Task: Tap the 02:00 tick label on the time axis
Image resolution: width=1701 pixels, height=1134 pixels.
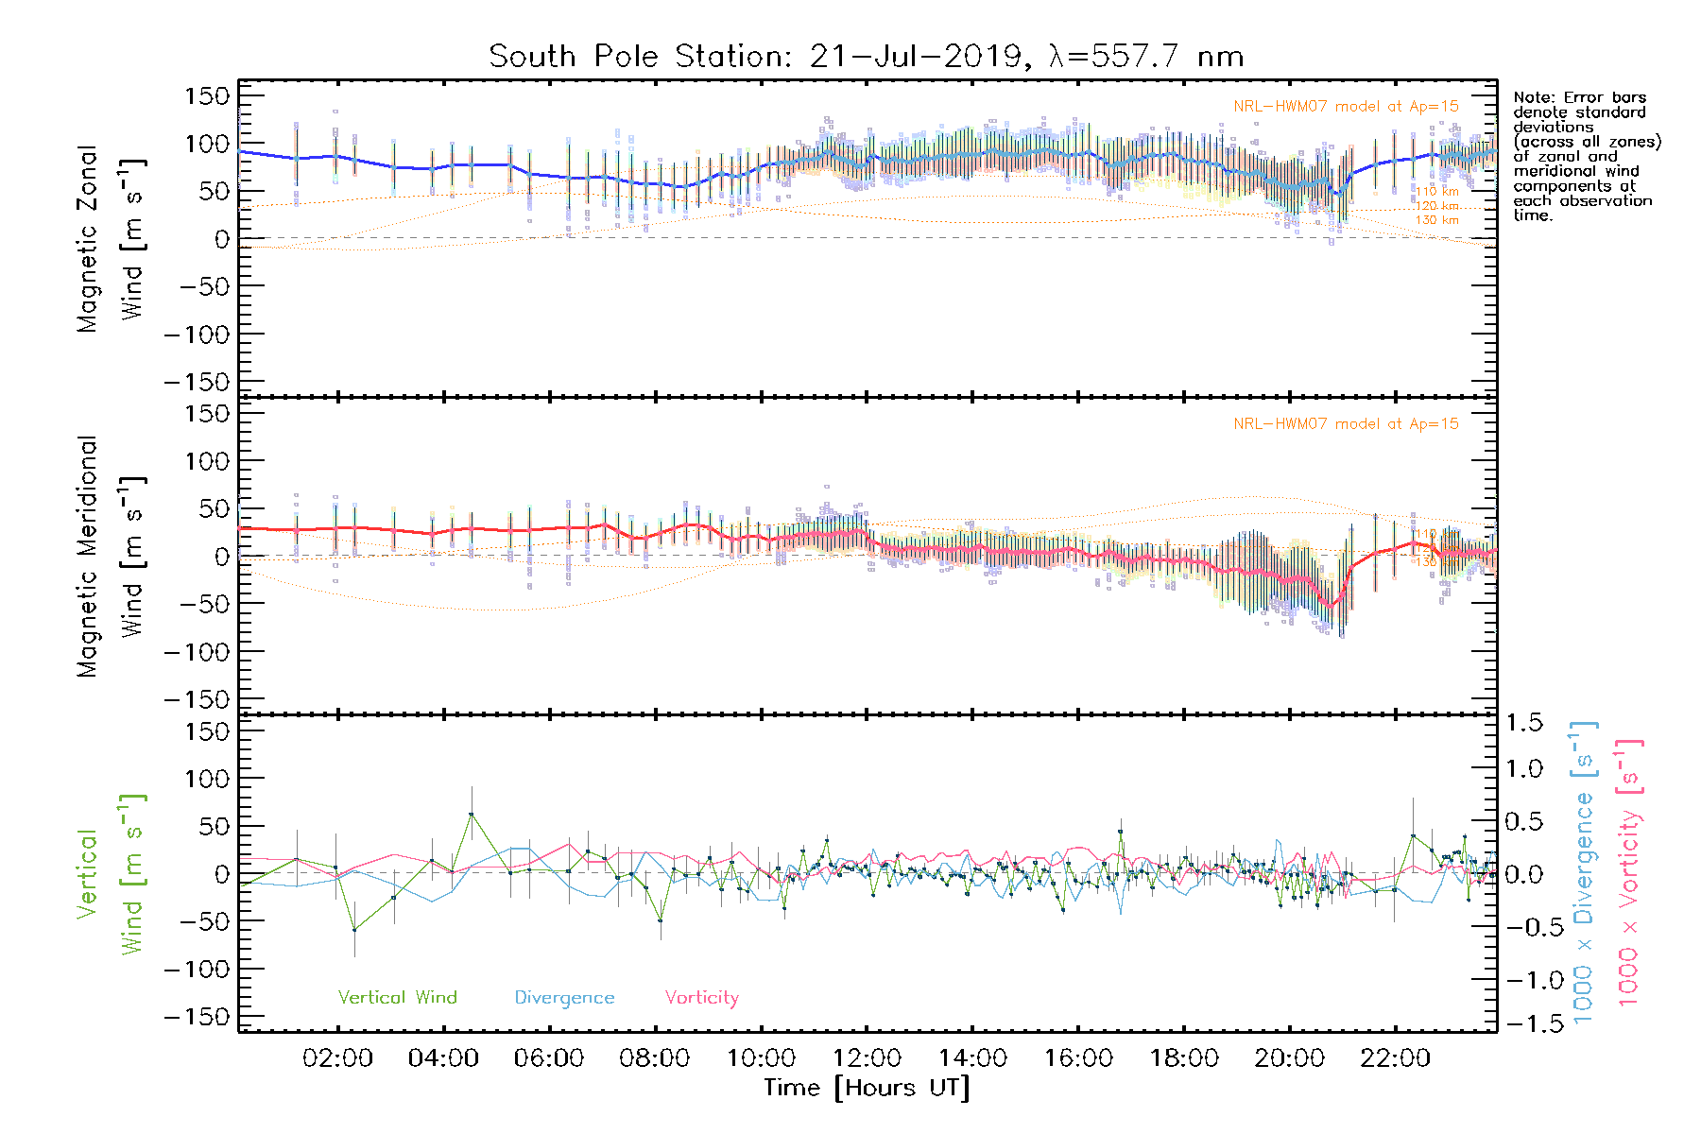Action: [337, 1058]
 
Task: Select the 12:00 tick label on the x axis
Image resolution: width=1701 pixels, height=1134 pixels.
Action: [867, 1058]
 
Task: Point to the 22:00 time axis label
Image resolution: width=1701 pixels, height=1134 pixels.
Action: [1395, 1058]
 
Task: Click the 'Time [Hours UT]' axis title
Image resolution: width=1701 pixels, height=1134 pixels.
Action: [867, 1088]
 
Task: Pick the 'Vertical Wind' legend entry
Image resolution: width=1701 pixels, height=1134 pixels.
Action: [397, 997]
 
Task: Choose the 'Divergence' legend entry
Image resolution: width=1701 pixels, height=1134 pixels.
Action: [564, 997]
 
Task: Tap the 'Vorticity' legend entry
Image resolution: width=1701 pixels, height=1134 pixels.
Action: [701, 997]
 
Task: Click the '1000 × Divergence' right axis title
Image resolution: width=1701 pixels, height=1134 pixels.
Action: [1584, 872]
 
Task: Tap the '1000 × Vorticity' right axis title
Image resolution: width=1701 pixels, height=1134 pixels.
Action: [1629, 872]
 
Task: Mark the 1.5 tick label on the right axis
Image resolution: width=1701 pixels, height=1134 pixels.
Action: [1523, 723]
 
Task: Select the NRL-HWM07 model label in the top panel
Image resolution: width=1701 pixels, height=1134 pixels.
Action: [1346, 106]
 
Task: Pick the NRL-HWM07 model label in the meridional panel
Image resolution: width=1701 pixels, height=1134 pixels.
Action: [1346, 423]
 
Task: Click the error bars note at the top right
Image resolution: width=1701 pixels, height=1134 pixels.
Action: [1586, 156]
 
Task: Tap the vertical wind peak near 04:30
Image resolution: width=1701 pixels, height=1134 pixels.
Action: [472, 814]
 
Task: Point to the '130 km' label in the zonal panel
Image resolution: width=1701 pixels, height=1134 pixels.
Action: [1436, 220]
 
